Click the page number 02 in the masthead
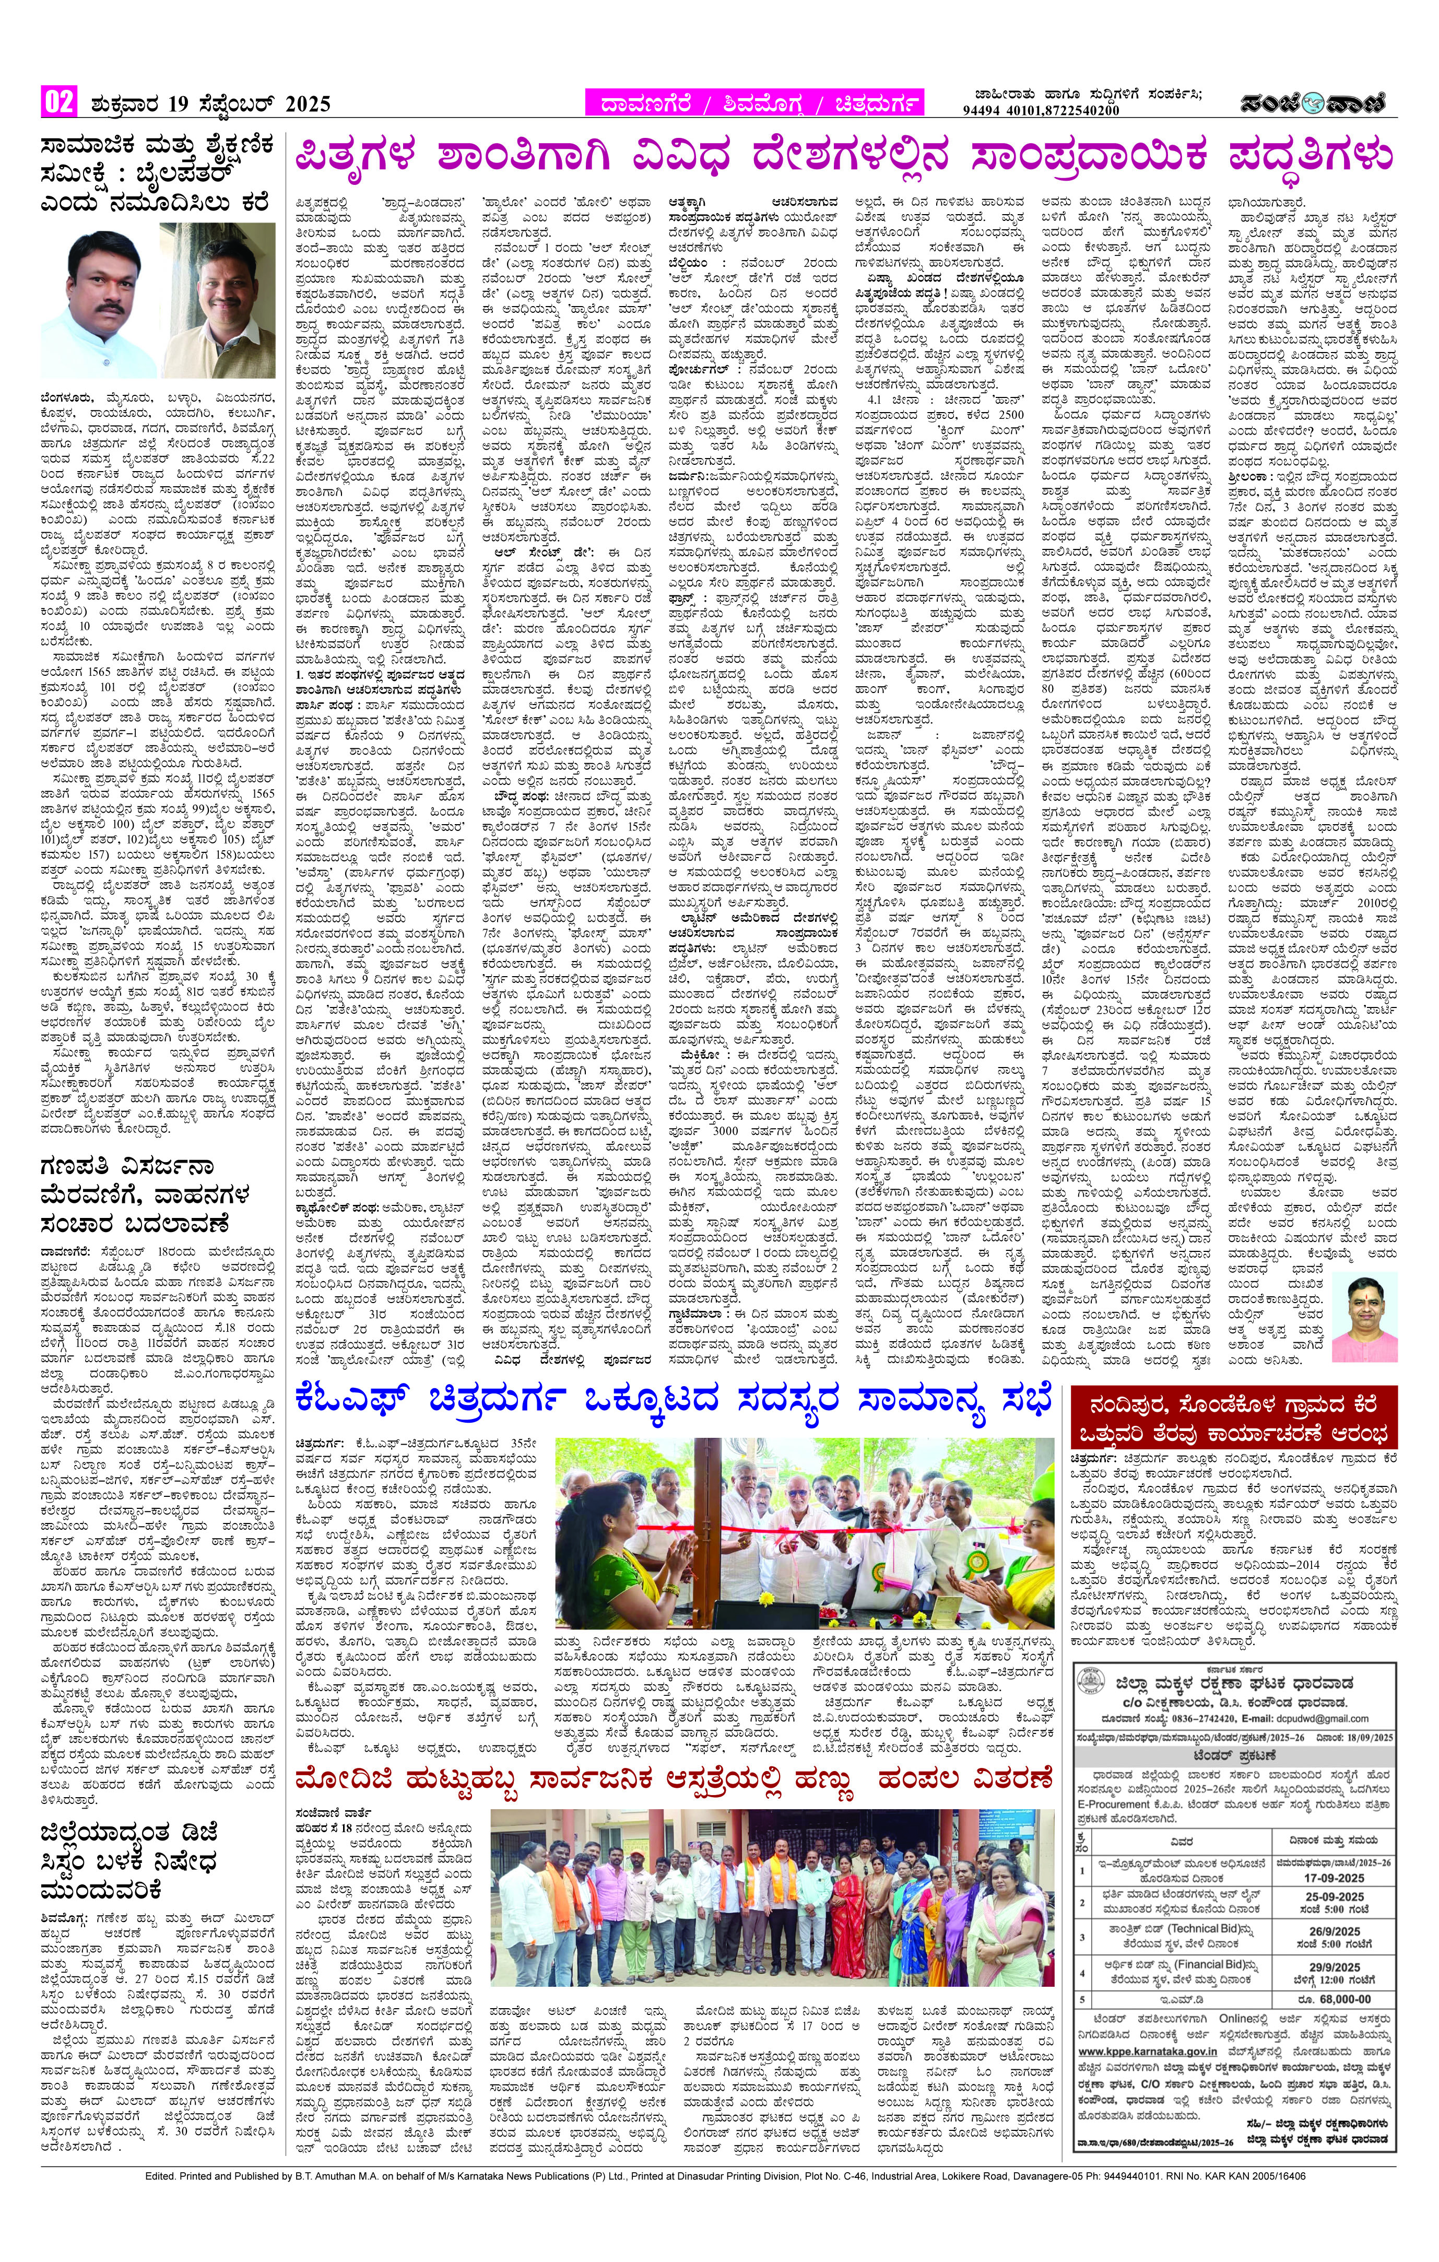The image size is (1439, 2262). (57, 101)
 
